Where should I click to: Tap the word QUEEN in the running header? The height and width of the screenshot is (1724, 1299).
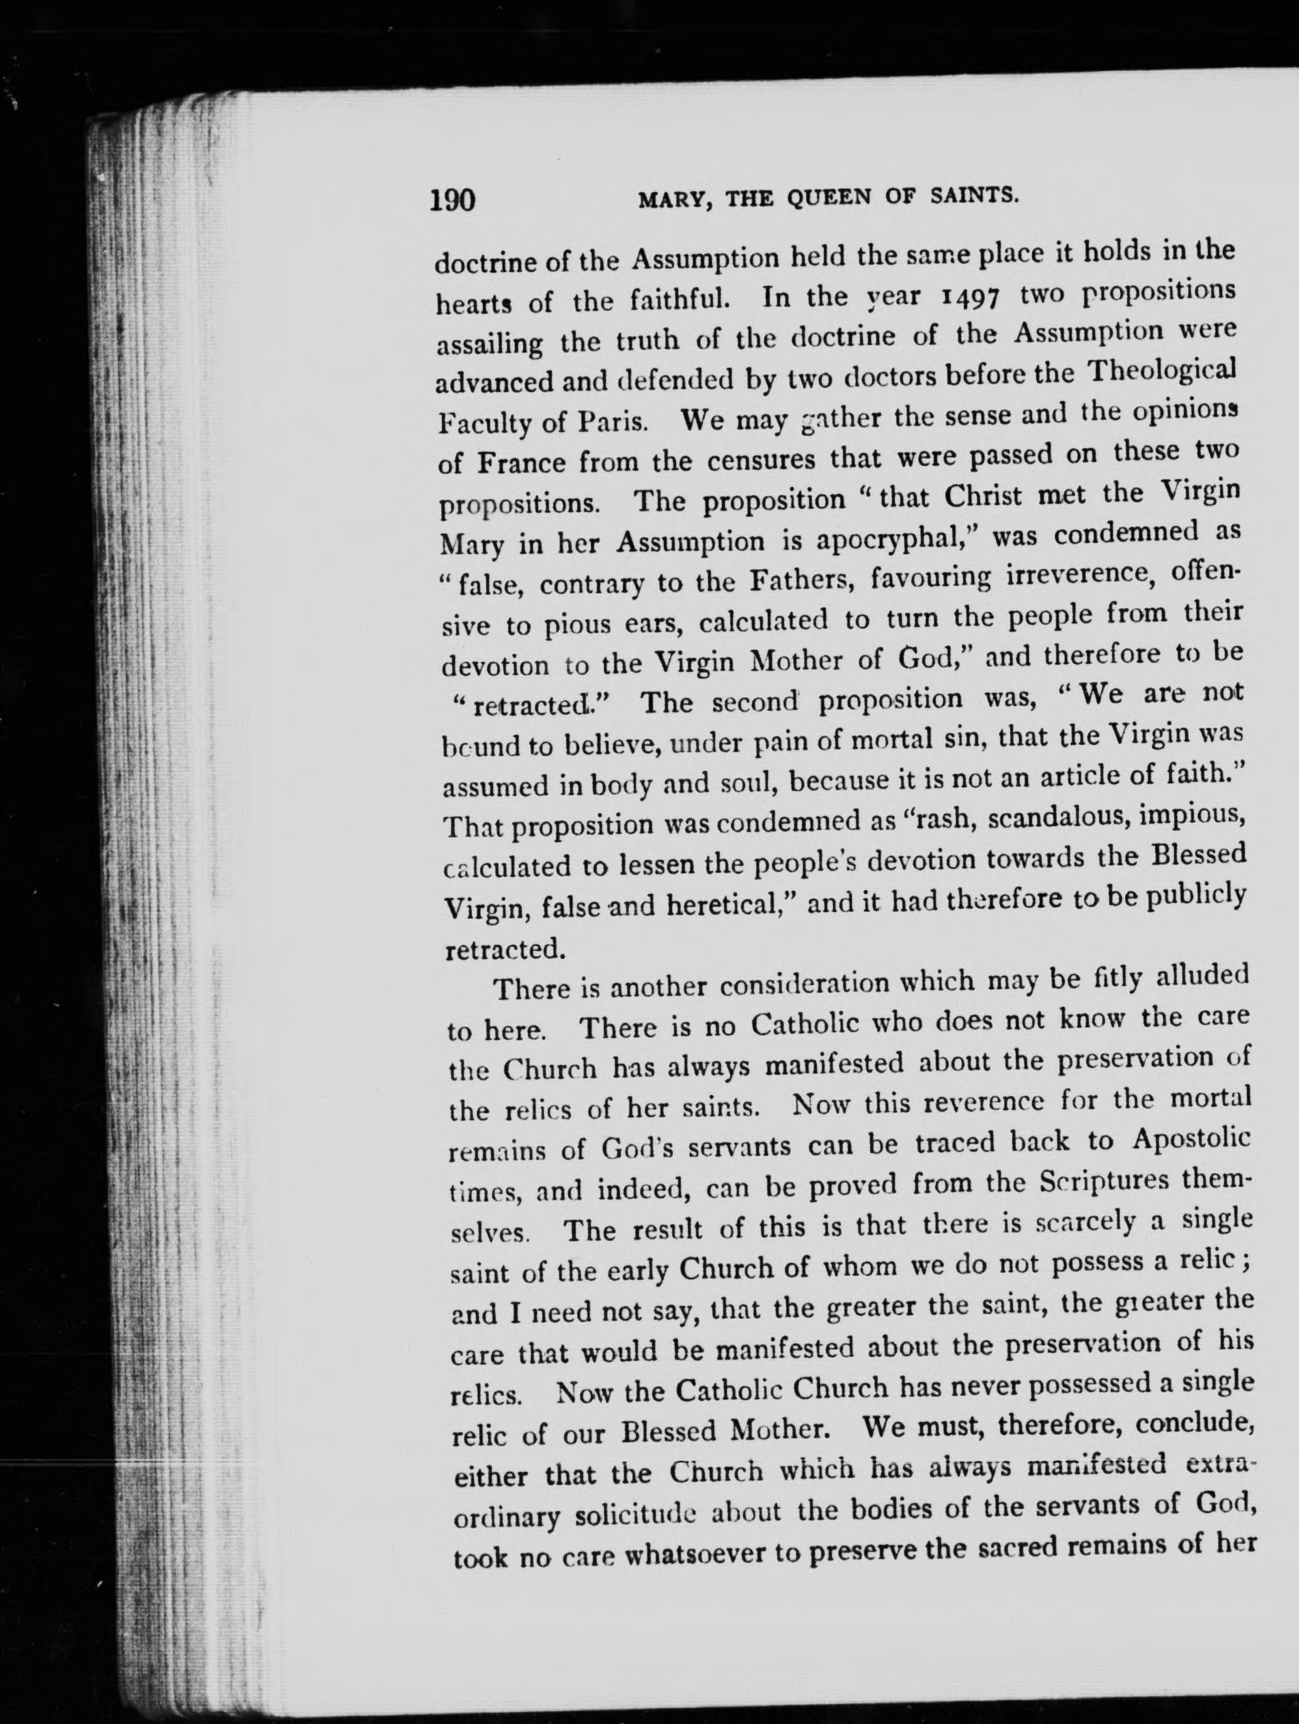point(829,198)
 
